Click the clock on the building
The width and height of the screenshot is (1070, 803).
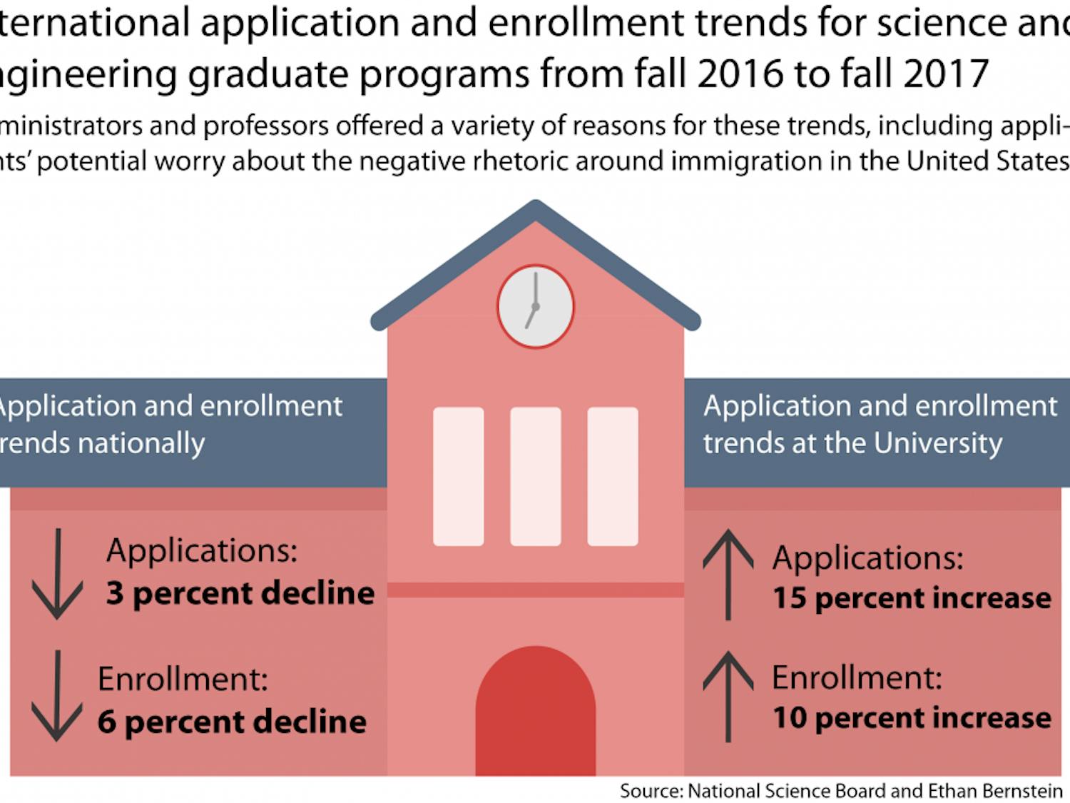[x=535, y=306]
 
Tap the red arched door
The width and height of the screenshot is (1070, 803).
[x=535, y=714]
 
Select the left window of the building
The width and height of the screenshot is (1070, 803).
[x=458, y=476]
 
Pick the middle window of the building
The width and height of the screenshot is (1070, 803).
[x=535, y=476]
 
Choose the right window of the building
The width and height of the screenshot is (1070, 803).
[x=612, y=476]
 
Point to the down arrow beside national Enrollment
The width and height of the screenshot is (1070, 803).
[x=58, y=696]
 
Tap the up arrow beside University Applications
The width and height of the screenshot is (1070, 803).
[x=728, y=574]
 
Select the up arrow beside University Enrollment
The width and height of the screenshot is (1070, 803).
[x=728, y=696]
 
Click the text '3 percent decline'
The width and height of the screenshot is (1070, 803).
[x=240, y=593]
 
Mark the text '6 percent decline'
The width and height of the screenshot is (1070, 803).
[x=232, y=722]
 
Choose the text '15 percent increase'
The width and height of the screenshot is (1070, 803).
[x=912, y=598]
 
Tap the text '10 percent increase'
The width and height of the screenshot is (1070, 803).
[x=912, y=718]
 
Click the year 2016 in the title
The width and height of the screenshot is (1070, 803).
[x=740, y=74]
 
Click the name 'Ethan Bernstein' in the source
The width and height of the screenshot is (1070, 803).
[x=995, y=791]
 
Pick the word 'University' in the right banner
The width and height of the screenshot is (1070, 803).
[x=937, y=443]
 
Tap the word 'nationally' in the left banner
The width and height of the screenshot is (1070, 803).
[x=141, y=443]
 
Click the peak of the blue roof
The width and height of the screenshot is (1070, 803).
[x=535, y=206]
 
